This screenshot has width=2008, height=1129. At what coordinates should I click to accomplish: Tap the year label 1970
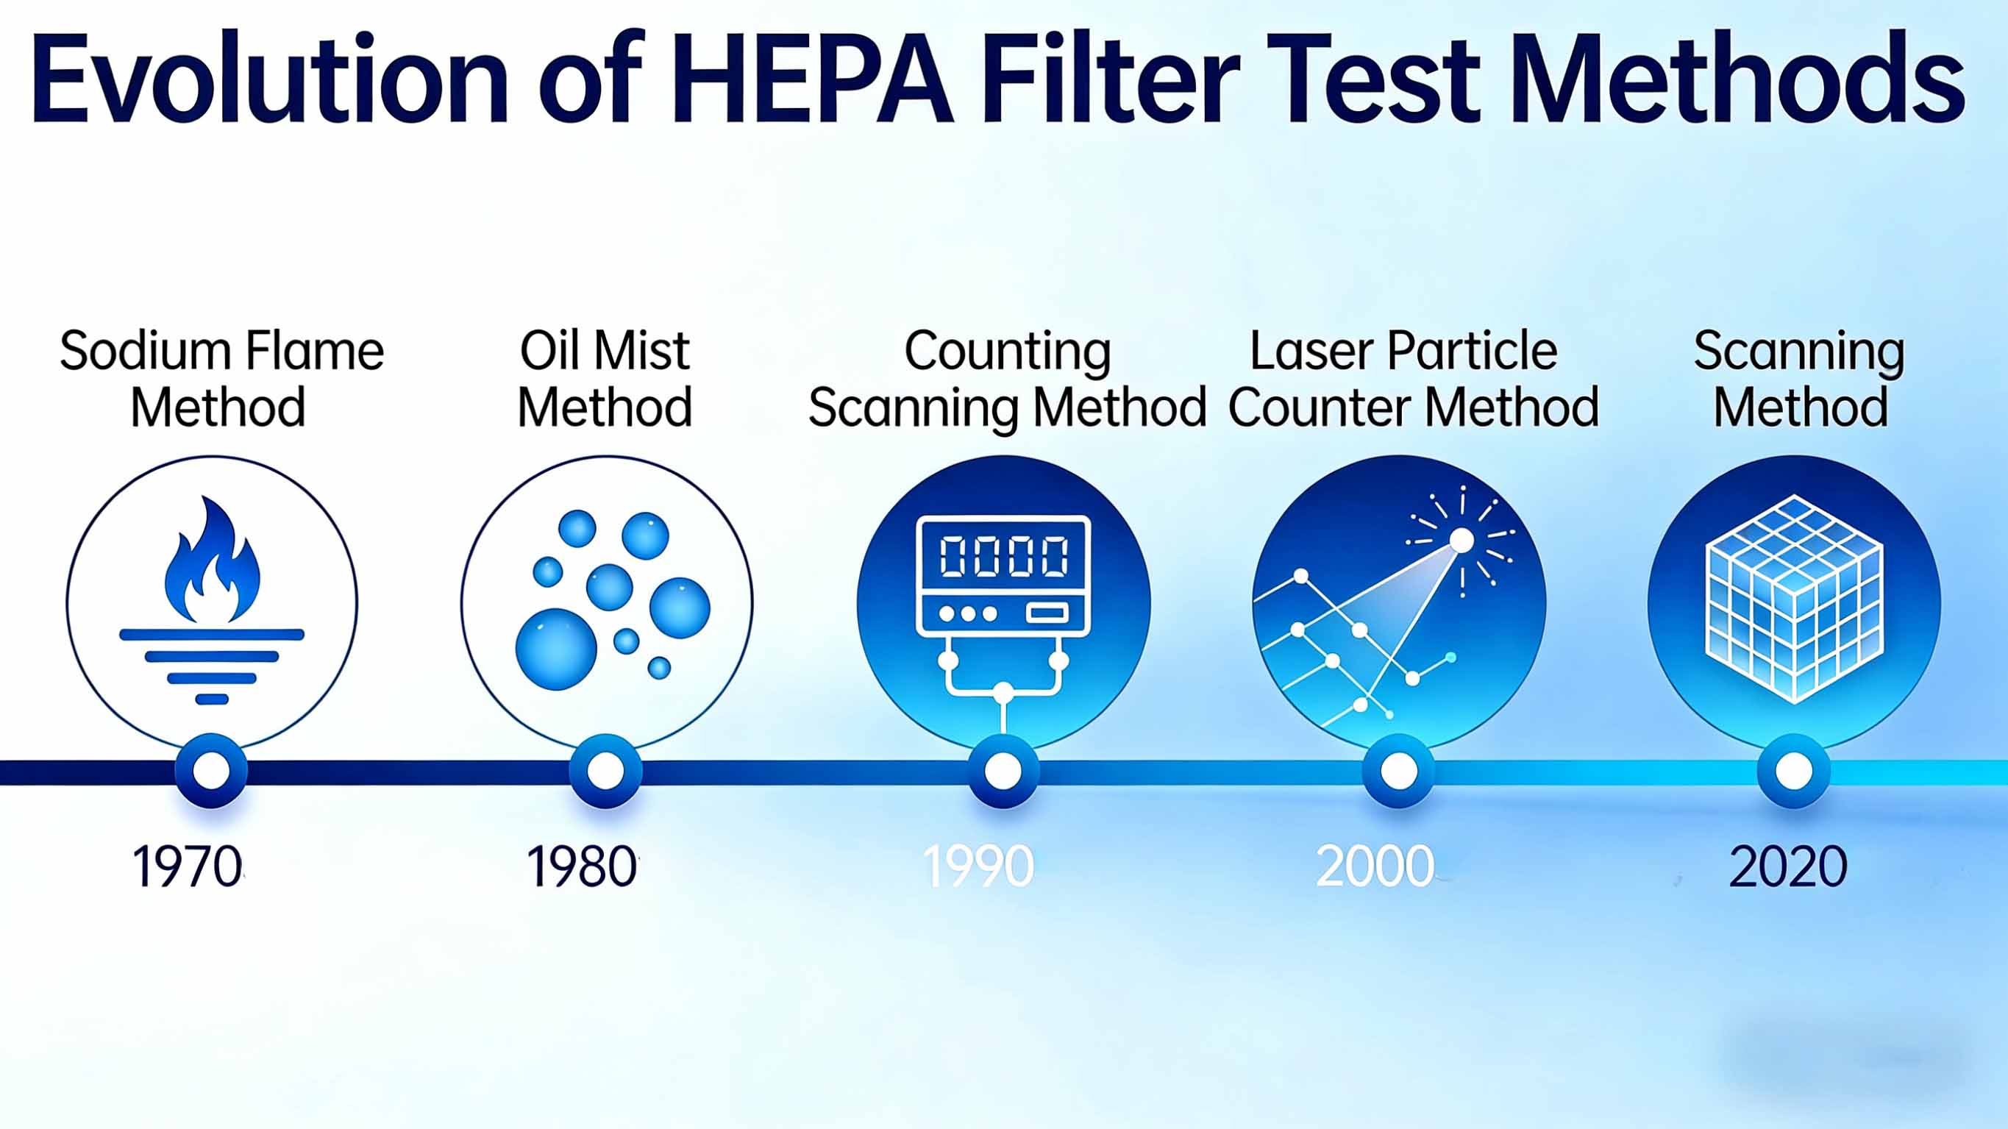[187, 866]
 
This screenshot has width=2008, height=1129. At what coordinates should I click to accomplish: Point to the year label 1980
[582, 866]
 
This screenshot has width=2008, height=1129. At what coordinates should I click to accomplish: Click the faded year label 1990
[978, 866]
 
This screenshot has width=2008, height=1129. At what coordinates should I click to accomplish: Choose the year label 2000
[1375, 866]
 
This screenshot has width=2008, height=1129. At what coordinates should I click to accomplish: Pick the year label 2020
[1788, 866]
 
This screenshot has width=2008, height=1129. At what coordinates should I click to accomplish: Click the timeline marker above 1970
[211, 771]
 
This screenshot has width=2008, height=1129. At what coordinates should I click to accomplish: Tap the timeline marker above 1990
[1003, 771]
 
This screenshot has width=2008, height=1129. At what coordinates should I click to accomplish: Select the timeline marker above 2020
[1794, 771]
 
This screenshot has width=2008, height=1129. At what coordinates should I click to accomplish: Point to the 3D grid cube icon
[1795, 599]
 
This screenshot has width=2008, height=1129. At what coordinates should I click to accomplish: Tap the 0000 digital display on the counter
[1004, 557]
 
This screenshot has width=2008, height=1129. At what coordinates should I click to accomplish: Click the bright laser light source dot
[1462, 541]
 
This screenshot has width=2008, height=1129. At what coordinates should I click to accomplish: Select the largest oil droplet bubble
[556, 649]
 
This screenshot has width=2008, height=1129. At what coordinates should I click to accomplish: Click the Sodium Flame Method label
[221, 379]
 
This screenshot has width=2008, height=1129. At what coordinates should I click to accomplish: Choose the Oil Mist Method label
[605, 379]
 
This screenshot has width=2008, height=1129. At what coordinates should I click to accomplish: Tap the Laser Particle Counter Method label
[1411, 379]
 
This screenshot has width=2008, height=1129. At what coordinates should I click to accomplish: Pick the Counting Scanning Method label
[1007, 379]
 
